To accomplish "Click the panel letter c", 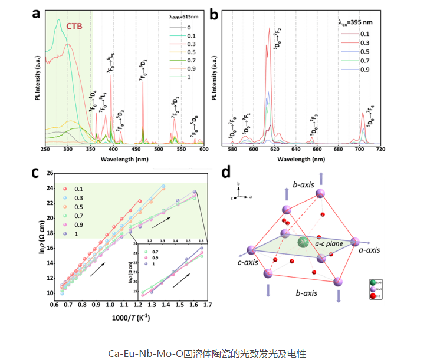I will (36, 173).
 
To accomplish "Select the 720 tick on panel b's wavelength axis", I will (419, 150).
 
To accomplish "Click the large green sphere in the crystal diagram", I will (303, 242).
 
